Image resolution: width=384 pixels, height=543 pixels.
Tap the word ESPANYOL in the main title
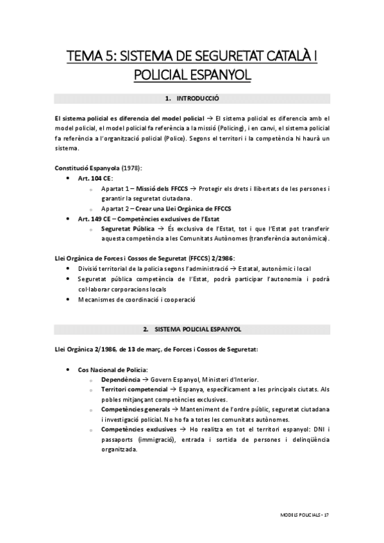(x=217, y=76)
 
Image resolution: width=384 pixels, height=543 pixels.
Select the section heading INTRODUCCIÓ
(x=197, y=99)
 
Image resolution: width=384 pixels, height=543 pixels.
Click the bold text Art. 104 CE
(x=94, y=178)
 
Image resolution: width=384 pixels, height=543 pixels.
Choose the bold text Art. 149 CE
(x=94, y=218)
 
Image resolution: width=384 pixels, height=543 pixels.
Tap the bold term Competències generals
(x=137, y=409)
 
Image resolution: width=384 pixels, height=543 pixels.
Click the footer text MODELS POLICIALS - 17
(x=305, y=515)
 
